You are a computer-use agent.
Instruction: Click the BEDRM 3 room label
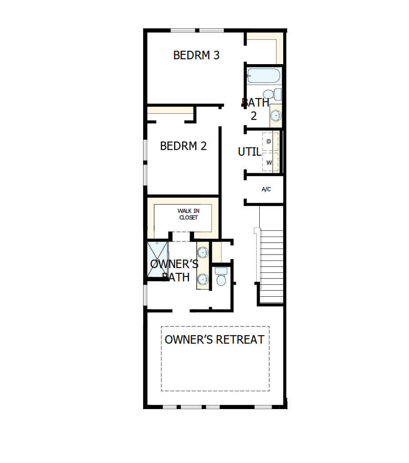point(196,55)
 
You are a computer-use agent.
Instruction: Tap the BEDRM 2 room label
point(183,146)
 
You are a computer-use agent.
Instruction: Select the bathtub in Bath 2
point(264,76)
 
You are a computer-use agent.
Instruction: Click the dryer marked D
point(269,142)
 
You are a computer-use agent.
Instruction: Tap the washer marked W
point(269,162)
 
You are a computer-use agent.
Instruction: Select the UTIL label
point(249,152)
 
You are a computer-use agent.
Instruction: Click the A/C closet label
point(266,189)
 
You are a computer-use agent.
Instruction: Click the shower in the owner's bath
point(157,260)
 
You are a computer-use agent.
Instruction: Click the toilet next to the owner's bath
point(220,277)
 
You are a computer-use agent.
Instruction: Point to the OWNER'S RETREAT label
point(214,340)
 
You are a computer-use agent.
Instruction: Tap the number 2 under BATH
point(254,116)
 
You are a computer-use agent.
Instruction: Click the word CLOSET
point(188,218)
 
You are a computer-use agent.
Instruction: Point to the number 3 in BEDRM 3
point(216,55)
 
